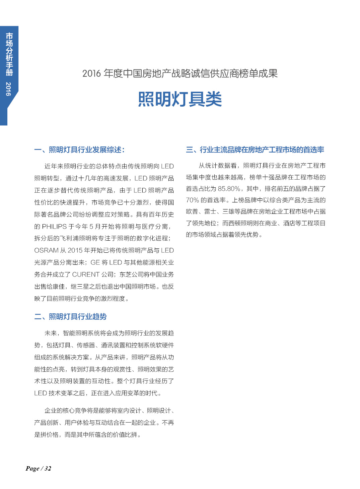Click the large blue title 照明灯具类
pyautogui.click(x=180, y=99)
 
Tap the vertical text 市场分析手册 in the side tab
pyautogui.click(x=9, y=54)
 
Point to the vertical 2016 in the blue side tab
pyautogui.click(x=9, y=89)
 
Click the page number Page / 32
pyautogui.click(x=39, y=469)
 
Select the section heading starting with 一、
pyautogui.click(x=79, y=150)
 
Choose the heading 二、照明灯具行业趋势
pyautogui.click(x=70, y=317)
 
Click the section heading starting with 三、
pyautogui.click(x=255, y=150)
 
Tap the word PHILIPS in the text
pyautogui.click(x=54, y=227)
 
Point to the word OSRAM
pyautogui.click(x=46, y=251)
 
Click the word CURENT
pyautogui.click(x=86, y=274)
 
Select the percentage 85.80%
pyautogui.click(x=229, y=189)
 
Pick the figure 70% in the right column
pyautogui.click(x=193, y=200)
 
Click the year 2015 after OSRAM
pyautogui.click(x=75, y=251)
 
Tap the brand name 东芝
pyautogui.click(x=126, y=274)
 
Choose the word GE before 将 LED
pyautogui.click(x=95, y=262)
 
